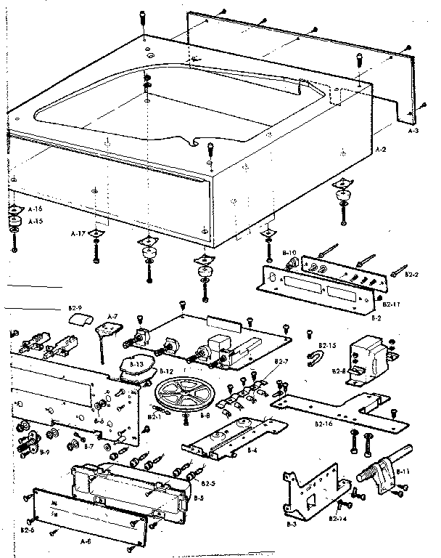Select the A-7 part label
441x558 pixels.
112,316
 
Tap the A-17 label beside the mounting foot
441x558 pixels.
78,234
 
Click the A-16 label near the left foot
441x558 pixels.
34,209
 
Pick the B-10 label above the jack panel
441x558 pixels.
288,249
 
